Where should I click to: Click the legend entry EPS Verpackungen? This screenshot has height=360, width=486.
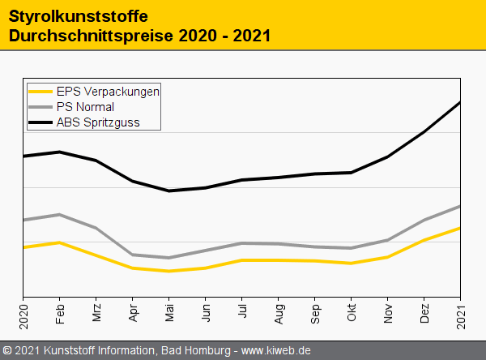coord(108,92)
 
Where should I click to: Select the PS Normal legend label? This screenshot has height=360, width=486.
coord(85,107)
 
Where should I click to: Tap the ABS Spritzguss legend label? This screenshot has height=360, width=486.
coord(98,122)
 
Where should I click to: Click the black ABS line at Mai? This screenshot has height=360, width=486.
coord(169,191)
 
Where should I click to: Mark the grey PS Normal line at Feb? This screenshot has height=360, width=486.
coord(60,214)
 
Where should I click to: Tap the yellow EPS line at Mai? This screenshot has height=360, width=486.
coord(169,271)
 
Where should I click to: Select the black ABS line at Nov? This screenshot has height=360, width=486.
coord(388,156)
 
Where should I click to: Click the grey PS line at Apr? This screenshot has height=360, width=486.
coord(133,255)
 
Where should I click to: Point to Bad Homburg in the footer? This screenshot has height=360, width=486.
coord(195,350)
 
